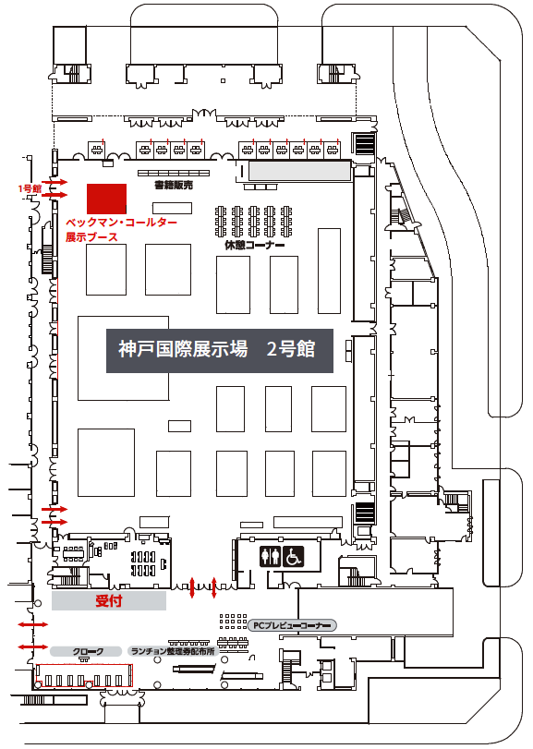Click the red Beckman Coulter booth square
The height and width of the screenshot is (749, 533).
[106, 199]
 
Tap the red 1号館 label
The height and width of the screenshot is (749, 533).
[30, 188]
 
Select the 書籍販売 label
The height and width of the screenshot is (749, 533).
[174, 186]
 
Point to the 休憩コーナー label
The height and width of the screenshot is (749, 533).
[255, 245]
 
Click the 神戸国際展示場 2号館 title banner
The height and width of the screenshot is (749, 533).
[220, 351]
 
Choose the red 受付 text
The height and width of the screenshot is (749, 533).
[109, 600]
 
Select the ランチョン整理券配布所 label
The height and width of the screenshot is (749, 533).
[173, 651]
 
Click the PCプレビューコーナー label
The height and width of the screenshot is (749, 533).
[292, 625]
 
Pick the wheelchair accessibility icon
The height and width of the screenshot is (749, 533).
[293, 557]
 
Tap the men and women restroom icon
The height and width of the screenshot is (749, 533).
[271, 557]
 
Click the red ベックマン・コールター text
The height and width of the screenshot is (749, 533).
[121, 223]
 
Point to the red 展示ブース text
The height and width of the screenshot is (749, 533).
[91, 237]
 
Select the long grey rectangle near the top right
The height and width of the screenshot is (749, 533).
[300, 171]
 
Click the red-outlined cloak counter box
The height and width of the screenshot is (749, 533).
[84, 675]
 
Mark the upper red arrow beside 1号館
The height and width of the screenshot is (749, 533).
[55, 182]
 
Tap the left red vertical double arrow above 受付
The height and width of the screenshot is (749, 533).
[192, 587]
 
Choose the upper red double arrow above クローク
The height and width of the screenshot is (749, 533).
[33, 624]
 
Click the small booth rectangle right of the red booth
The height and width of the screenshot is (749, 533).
[172, 208]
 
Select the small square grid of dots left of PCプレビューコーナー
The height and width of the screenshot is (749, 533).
[234, 622]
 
